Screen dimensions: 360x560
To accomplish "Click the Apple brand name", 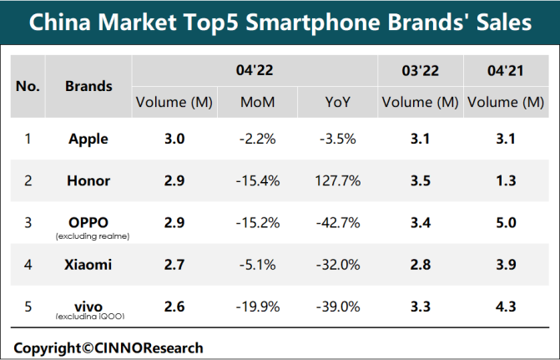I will pyautogui.click(x=88, y=139).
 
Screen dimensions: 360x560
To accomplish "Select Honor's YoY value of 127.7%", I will pyautogui.click(x=339, y=180).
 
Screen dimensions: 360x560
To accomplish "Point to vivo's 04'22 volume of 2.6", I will pyautogui.click(x=174, y=306).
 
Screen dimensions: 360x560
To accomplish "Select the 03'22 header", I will pyautogui.click(x=420, y=71).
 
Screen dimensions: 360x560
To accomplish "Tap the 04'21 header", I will pyautogui.click(x=506, y=71).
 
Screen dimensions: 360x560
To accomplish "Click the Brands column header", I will pyautogui.click(x=88, y=86).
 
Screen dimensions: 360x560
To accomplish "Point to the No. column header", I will pyautogui.click(x=28, y=86).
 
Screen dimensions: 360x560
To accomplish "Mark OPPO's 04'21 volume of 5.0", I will pyautogui.click(x=506, y=222).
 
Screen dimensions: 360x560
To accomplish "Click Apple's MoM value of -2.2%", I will pyautogui.click(x=256, y=139).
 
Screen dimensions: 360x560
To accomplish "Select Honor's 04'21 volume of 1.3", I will pyautogui.click(x=506, y=180).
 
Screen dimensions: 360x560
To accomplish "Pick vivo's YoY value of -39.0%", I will pyautogui.click(x=339, y=306).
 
